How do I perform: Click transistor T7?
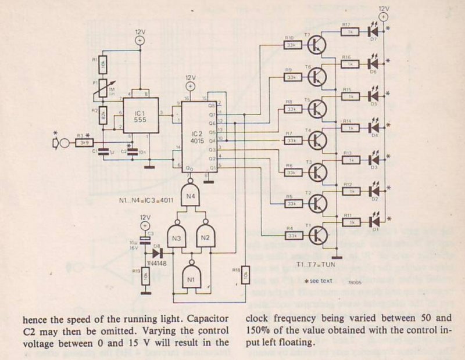tap(318, 44)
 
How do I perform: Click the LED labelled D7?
tap(373, 30)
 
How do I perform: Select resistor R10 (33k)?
tap(289, 44)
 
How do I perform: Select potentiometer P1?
tap(103, 87)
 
